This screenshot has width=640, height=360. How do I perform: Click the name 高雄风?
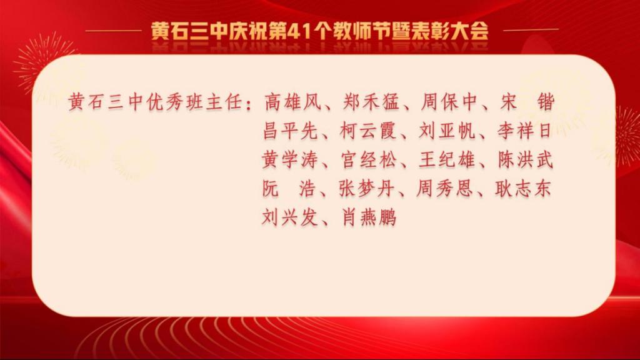(x=292, y=102)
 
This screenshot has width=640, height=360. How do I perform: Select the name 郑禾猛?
(x=371, y=102)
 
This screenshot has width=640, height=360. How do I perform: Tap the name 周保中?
(x=449, y=102)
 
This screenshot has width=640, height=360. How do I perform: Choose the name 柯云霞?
(x=369, y=131)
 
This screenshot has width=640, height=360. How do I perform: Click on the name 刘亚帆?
(x=447, y=131)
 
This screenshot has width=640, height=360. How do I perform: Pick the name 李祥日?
(x=525, y=131)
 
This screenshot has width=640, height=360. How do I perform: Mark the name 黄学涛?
(x=290, y=159)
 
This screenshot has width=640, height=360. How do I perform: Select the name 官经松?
(x=369, y=159)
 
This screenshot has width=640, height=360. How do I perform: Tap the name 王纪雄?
(x=447, y=159)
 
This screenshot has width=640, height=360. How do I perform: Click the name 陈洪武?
(x=526, y=159)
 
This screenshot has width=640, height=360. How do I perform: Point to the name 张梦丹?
(x=367, y=189)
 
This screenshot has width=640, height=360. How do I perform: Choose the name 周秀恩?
(x=445, y=189)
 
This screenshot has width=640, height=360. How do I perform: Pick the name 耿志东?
(x=523, y=189)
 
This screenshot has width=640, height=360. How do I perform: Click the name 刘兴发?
(x=290, y=217)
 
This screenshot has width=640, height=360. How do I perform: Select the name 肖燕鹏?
(x=369, y=217)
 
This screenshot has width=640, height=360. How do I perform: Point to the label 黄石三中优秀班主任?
(x=156, y=102)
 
